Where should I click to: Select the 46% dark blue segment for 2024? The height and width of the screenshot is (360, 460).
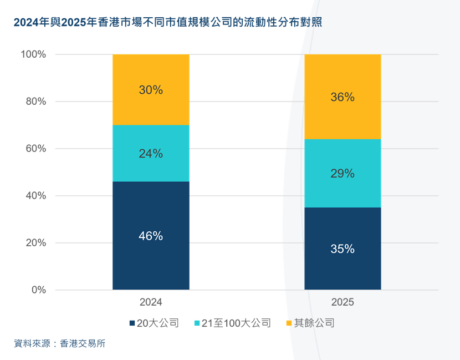[x=151, y=236]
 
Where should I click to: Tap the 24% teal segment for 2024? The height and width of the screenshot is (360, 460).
[x=151, y=154]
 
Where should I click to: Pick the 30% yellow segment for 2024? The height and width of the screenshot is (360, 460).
[x=151, y=90]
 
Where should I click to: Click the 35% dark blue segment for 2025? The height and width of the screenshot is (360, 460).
[x=343, y=249]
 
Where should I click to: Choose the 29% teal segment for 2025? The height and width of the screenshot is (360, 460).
[x=343, y=174]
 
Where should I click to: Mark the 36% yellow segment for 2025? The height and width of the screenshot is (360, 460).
[x=343, y=97]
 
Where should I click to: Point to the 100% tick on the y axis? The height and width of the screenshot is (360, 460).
[x=33, y=54]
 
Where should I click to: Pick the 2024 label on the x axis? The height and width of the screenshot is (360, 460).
[x=151, y=303]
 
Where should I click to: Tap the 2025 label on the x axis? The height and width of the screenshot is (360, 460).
[x=343, y=303]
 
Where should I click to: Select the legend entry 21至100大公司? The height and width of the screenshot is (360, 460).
[x=236, y=323]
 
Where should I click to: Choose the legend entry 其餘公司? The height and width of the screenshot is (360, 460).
[x=314, y=323]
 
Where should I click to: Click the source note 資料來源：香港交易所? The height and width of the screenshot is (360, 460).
[x=60, y=343]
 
